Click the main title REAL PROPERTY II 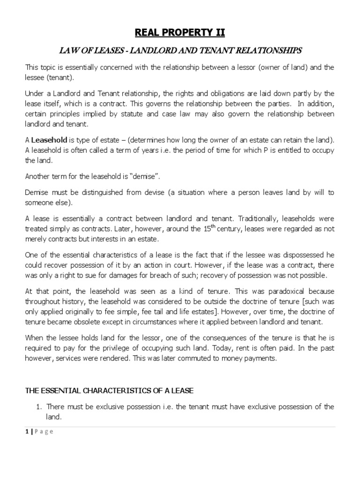[180, 32]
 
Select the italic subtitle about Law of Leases [180, 50]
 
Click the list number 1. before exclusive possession [39, 406]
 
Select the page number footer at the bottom [39, 432]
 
